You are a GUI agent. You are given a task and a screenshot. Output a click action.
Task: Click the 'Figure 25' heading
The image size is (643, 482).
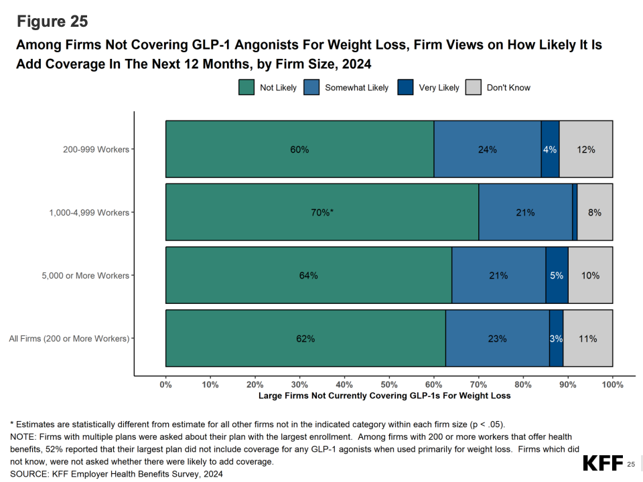(52, 21)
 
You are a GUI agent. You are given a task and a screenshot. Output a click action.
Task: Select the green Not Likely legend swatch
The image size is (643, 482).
(246, 88)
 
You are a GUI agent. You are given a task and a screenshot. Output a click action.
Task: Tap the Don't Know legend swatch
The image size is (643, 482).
(474, 88)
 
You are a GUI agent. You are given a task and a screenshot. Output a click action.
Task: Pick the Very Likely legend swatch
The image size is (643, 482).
(406, 88)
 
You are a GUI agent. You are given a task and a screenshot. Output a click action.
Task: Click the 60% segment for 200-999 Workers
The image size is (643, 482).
(299, 149)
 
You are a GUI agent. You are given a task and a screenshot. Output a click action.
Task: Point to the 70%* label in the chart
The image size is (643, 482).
(322, 212)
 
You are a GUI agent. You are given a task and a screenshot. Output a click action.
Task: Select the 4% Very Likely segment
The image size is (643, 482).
(550, 149)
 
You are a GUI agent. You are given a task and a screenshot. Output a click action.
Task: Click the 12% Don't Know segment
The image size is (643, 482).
(586, 149)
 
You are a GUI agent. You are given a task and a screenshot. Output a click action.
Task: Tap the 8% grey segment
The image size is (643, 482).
(595, 212)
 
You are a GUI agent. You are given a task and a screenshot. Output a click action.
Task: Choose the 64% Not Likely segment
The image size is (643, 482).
(309, 275)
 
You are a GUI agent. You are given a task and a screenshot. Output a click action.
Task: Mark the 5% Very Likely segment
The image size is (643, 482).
(557, 275)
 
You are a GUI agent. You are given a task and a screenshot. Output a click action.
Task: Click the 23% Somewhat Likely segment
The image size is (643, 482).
(497, 338)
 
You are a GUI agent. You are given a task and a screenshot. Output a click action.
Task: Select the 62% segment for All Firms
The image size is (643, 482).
(305, 338)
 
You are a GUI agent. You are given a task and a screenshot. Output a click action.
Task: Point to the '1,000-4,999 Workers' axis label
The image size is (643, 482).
(89, 212)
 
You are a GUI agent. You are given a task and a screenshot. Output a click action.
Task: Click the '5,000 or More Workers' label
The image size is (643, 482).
(85, 275)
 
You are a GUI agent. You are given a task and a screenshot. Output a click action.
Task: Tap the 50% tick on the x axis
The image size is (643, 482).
(389, 384)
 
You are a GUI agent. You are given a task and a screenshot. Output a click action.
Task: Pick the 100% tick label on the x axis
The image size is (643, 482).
(612, 384)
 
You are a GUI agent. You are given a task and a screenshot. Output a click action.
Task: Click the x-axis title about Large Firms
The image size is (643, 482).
(384, 396)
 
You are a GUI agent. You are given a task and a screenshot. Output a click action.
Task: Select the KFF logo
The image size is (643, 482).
(602, 463)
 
